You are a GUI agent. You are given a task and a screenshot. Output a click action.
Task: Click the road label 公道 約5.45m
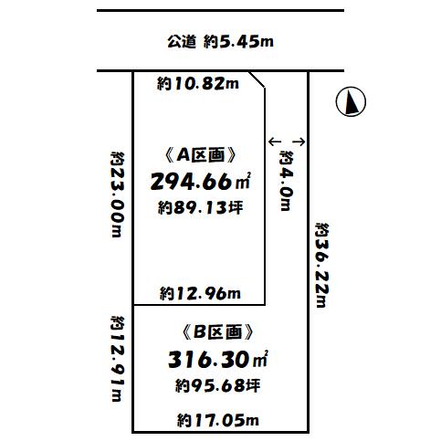220,42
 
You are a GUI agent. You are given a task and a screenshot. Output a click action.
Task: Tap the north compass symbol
351,101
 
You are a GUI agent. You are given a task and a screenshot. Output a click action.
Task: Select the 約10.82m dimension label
198,83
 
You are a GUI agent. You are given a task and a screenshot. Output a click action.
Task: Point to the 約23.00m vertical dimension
118,194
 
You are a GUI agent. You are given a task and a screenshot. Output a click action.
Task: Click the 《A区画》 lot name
200,155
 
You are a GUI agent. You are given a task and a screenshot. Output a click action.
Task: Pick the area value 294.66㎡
200,182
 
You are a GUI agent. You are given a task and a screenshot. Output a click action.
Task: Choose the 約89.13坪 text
200,208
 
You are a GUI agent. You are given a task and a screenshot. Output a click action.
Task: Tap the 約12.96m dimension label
200,293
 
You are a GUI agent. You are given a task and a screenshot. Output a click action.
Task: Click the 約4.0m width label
286,181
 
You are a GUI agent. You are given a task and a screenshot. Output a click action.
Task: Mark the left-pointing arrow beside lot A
275,142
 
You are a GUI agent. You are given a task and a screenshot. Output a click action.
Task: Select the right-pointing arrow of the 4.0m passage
299,142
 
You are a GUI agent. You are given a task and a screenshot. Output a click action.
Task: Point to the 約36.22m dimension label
322,265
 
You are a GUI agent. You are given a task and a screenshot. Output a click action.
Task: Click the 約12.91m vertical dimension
118,359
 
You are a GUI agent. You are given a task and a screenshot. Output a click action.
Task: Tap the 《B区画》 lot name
217,331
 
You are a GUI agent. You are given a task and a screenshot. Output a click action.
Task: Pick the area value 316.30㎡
218,359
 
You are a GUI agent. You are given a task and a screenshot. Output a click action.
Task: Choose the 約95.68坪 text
217,385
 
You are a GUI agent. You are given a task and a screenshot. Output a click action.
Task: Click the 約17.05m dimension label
218,420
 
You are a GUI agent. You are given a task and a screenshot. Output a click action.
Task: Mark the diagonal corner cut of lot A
257,79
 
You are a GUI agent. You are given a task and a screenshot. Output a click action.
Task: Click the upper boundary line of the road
220,11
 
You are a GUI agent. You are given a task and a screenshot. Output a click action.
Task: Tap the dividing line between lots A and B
199,305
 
